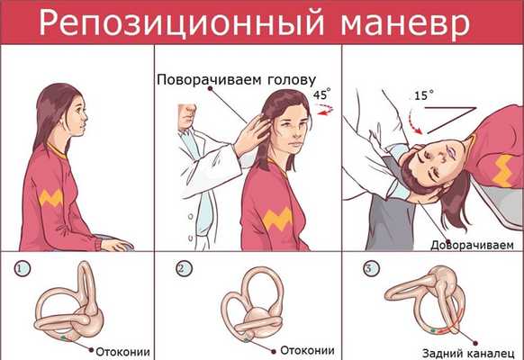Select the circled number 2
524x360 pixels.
point(185,268)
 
